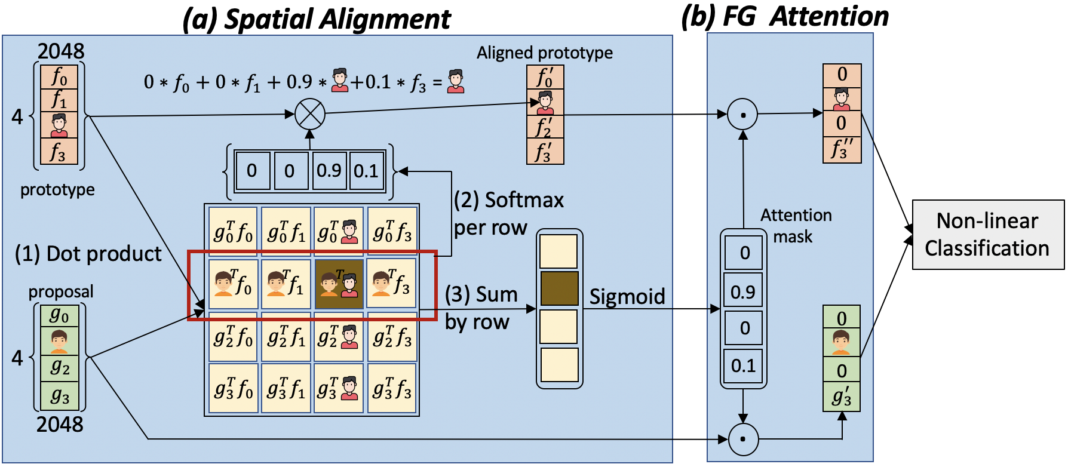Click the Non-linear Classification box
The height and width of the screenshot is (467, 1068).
click(x=987, y=235)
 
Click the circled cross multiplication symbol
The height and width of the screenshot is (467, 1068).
click(x=309, y=113)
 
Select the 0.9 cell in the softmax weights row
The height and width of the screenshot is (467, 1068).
click(x=329, y=171)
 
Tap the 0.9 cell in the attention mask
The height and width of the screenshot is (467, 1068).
click(x=743, y=291)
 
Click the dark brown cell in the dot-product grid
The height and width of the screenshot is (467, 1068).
click(x=339, y=284)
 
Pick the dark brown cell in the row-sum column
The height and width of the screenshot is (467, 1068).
click(x=559, y=288)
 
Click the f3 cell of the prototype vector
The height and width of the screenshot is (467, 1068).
click(x=59, y=151)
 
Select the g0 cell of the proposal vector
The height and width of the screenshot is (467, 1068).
click(x=59, y=315)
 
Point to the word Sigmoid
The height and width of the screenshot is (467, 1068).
click(x=627, y=296)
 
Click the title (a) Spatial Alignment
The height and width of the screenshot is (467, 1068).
click(x=317, y=19)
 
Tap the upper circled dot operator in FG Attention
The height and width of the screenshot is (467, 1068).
click(x=742, y=114)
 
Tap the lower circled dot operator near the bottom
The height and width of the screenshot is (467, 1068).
click(x=743, y=440)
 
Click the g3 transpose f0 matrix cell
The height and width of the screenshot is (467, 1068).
click(x=234, y=389)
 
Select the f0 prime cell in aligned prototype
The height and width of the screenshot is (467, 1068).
click(x=545, y=78)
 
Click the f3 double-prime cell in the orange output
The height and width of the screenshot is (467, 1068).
click(x=842, y=150)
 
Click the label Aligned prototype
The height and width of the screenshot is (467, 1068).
click(x=544, y=53)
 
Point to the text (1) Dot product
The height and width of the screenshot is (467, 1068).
click(x=88, y=254)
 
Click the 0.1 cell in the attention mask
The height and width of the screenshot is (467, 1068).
click(x=743, y=365)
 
